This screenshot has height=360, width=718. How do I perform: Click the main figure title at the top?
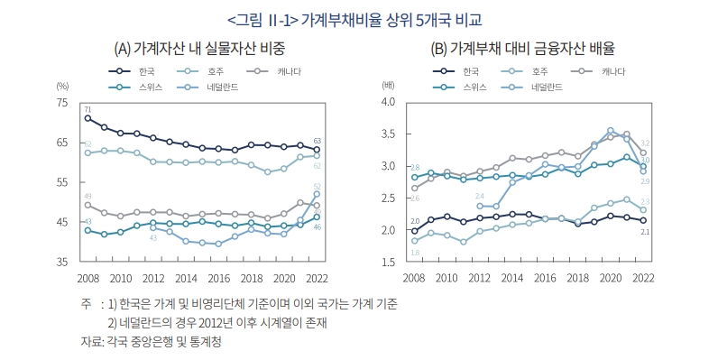click(x=358, y=18)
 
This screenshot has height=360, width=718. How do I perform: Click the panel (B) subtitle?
click(x=529, y=48)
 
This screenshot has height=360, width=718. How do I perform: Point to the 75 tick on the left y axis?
click(x=62, y=103)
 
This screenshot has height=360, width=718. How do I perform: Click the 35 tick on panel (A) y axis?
click(x=62, y=262)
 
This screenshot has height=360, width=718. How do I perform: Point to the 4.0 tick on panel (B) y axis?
click(x=390, y=103)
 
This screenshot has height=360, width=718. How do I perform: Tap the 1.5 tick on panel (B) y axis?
click(x=390, y=262)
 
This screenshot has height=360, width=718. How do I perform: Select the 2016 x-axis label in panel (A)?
click(x=218, y=278)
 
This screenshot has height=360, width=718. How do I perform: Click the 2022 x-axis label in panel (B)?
click(x=642, y=278)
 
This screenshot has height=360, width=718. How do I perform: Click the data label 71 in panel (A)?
click(x=88, y=109)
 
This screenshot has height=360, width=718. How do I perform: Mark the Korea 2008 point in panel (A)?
click(x=87, y=118)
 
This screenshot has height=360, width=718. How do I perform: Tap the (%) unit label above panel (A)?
click(x=62, y=85)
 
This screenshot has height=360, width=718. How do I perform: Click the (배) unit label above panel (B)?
click(x=389, y=85)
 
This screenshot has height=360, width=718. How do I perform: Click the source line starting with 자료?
click(x=152, y=342)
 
